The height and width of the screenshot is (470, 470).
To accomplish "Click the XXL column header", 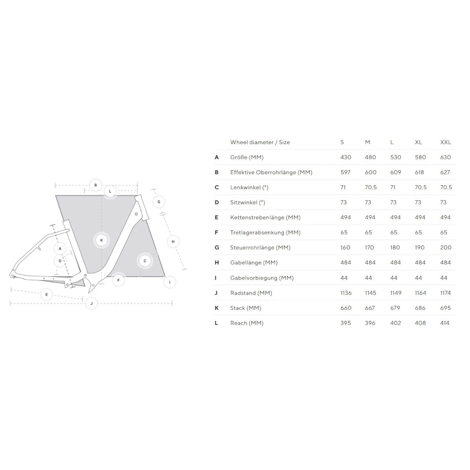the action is (x=445, y=142).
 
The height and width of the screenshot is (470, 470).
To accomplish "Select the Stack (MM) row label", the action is (x=246, y=308).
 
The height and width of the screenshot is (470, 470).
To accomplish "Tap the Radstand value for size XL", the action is (x=421, y=293).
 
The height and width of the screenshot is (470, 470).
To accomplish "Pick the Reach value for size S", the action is (x=345, y=323).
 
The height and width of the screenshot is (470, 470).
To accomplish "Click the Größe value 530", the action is (x=396, y=157).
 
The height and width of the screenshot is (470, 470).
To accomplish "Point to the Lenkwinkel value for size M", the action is (x=371, y=187).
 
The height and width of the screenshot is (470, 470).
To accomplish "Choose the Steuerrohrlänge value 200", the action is (x=446, y=248).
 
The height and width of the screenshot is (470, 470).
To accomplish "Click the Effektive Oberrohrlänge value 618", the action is (x=419, y=172).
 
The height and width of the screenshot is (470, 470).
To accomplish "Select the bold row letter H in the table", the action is (x=217, y=263).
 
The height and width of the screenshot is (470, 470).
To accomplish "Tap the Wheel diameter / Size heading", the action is (x=260, y=142).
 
